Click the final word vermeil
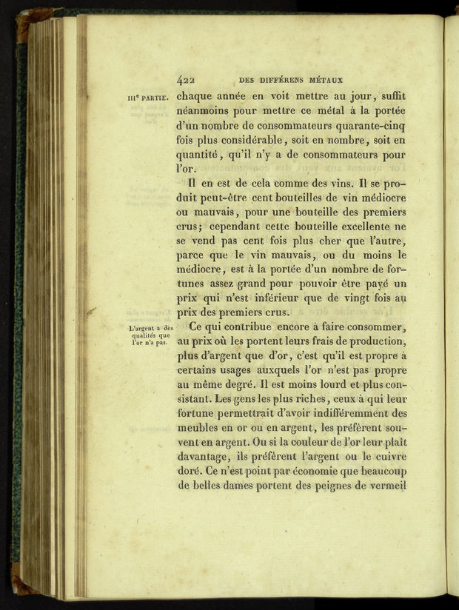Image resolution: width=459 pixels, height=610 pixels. coord(382,486)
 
